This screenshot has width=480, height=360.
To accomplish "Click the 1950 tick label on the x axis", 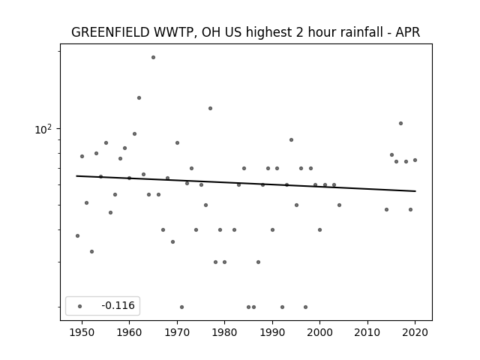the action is [x=82, y=332].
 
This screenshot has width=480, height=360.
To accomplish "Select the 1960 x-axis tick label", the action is [x=129, y=332].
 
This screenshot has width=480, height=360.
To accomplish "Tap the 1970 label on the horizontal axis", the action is [x=177, y=332].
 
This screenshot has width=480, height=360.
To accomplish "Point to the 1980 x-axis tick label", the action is [x=224, y=332].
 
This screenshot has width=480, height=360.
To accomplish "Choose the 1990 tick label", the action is [x=272, y=332].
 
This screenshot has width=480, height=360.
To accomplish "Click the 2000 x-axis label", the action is [x=319, y=332].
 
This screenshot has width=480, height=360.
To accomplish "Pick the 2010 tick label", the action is [x=367, y=332].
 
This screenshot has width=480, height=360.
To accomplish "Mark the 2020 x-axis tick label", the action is [x=415, y=332].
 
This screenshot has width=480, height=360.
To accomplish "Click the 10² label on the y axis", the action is [x=43, y=130].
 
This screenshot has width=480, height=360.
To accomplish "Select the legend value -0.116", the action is [x=118, y=305].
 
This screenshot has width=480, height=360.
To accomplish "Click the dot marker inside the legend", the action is [x=80, y=306].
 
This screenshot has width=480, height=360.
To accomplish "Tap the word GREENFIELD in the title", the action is [x=110, y=32].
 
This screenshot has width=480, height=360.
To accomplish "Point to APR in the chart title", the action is [x=408, y=32].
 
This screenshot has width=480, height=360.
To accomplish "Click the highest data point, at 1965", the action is [x=153, y=57].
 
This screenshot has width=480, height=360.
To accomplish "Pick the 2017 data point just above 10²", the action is [x=400, y=123].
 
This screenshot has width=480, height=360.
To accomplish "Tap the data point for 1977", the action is [x=210, y=108].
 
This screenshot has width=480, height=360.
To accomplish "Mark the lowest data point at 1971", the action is [x=181, y=307].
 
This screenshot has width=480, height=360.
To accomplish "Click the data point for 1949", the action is [x=77, y=235].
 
